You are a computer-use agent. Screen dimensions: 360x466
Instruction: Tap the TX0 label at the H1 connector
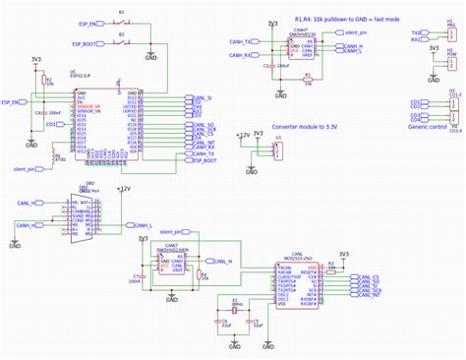pyautogui.click(x=416, y=32)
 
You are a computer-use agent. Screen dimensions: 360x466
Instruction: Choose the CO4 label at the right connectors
pyautogui.click(x=415, y=119)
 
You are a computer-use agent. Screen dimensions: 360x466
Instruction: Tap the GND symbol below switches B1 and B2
pyautogui.click(x=149, y=56)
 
